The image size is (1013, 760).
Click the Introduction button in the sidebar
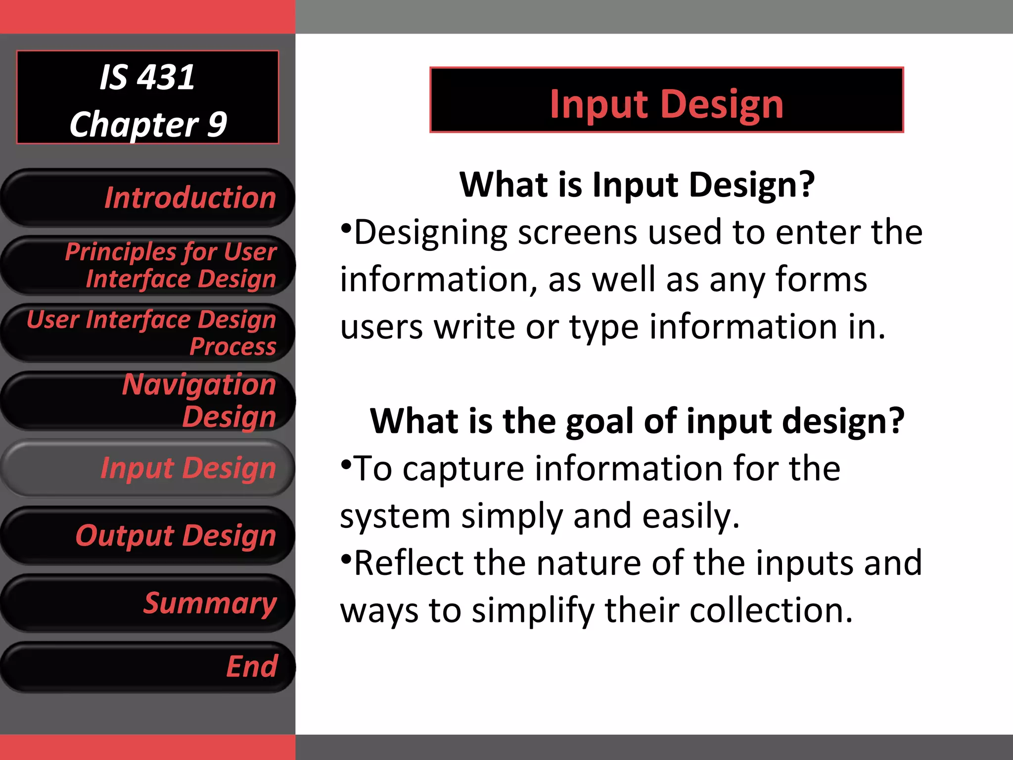click(148, 198)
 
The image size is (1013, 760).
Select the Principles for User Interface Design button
click(148, 265)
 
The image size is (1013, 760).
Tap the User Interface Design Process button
click(148, 332)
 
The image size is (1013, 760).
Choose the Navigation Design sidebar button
click(148, 400)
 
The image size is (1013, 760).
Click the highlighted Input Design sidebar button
click(148, 468)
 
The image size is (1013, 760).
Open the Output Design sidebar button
click(148, 535)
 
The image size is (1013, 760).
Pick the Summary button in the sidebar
click(148, 603)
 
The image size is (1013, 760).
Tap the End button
click(148, 666)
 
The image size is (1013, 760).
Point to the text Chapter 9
click(148, 124)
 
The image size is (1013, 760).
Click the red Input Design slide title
click(666, 104)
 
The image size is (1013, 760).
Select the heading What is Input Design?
click(637, 184)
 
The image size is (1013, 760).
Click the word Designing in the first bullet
click(430, 233)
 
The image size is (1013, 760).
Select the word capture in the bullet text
click(463, 469)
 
